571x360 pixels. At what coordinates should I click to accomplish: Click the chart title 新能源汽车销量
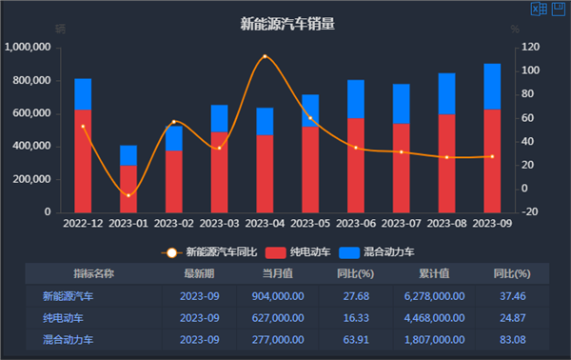[286, 24]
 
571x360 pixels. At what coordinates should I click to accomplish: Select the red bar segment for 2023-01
[128, 189]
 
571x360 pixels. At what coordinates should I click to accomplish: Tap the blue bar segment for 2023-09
[492, 87]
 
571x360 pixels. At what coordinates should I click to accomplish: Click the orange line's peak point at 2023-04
[265, 57]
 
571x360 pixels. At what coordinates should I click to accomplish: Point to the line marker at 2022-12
[83, 126]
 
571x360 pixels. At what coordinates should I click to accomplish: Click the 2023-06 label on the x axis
[355, 223]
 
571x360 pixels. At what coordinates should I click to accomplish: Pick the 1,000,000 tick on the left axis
[32, 47]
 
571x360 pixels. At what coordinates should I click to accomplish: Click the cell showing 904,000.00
[277, 296]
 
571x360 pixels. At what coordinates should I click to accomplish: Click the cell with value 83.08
[511, 339]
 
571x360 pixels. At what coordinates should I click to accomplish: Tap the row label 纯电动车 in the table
[64, 318]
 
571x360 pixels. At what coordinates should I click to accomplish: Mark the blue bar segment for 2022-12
[83, 94]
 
